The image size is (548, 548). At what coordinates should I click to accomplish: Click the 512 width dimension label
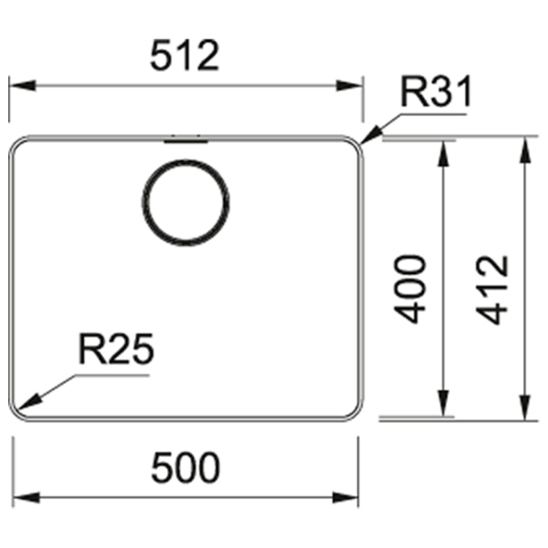coord(184,55)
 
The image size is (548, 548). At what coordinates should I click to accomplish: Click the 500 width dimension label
coord(185,468)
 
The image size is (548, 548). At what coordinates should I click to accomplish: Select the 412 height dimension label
coord(491,290)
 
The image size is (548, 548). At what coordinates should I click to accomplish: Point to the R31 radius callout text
coord(437,92)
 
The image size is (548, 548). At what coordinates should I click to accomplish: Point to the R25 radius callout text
coord(116,349)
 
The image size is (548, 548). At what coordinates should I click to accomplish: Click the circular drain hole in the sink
coord(185,203)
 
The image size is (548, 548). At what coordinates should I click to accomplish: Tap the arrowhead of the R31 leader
coord(371,135)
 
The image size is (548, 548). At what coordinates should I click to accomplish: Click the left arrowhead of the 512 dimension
coord(22,86)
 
